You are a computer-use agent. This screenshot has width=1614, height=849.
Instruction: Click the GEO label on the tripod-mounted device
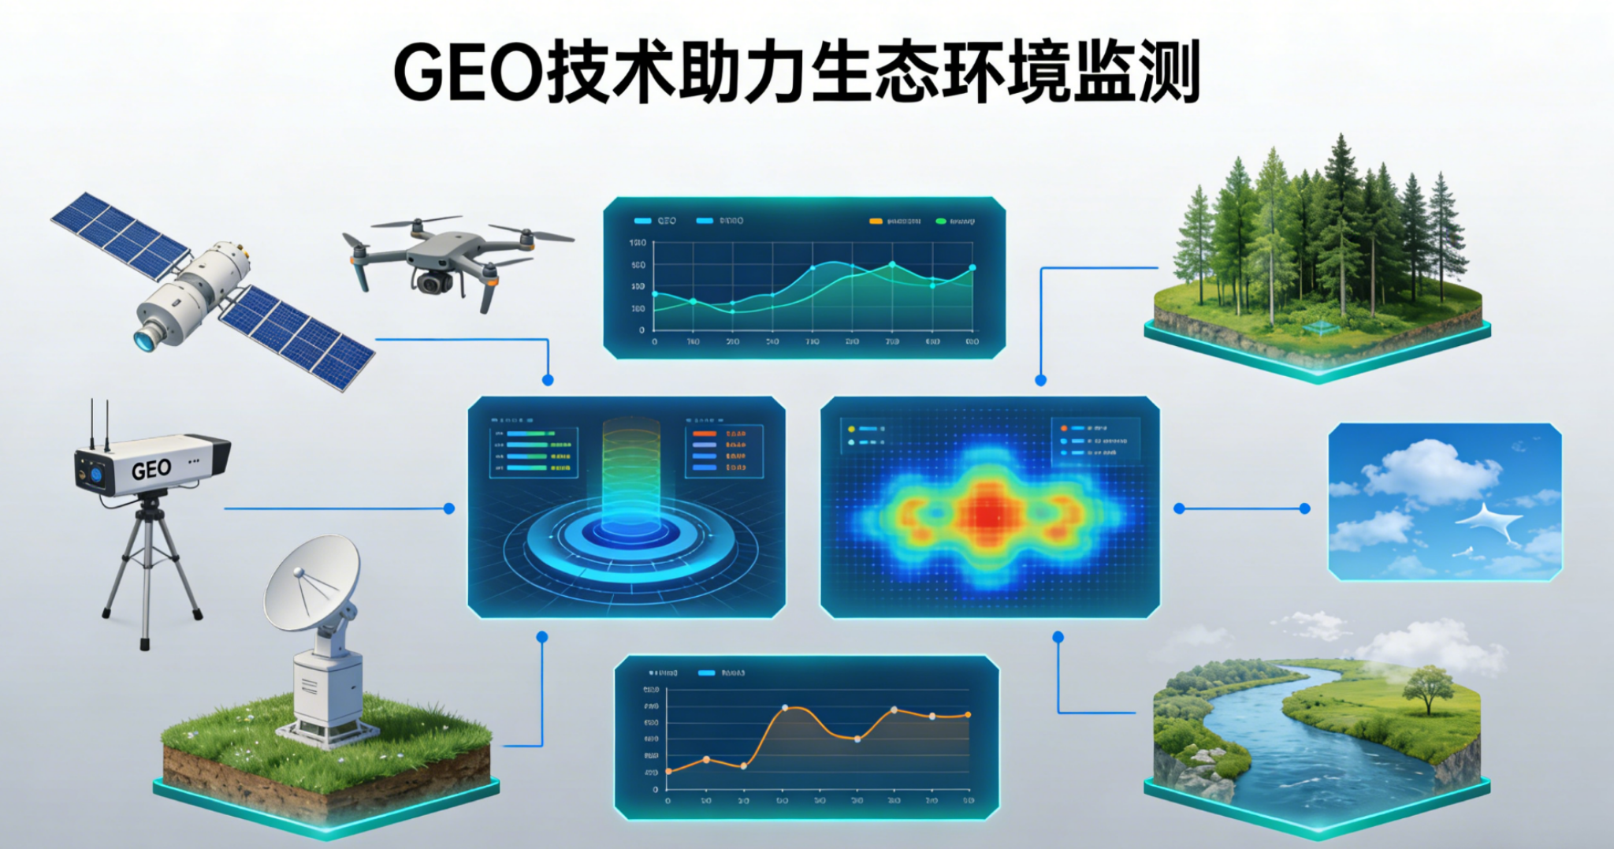151,470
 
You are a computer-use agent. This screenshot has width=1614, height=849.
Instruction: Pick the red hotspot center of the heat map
985,514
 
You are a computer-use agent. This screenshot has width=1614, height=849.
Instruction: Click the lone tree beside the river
1428,686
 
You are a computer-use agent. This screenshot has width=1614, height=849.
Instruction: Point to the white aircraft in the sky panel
1489,521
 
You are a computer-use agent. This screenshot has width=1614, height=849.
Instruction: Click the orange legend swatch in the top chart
876,222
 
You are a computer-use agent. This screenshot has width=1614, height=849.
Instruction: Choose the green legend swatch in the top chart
940,222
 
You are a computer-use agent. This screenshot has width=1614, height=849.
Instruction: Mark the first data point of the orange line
668,771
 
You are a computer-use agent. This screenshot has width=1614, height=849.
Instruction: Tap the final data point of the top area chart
972,268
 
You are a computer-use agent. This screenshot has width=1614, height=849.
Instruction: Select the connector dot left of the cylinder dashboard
449,508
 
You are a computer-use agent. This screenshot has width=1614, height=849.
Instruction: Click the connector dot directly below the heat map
1058,637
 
